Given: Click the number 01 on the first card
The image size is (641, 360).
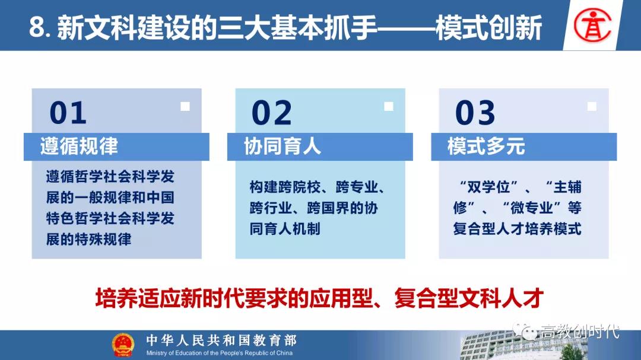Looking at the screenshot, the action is [x=68, y=113].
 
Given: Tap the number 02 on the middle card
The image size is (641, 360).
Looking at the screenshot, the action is [x=272, y=113].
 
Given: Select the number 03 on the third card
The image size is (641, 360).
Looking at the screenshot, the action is [x=475, y=113].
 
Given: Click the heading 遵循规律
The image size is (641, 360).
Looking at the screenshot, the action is [x=80, y=146].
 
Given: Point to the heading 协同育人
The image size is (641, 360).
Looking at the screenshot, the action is [x=283, y=146].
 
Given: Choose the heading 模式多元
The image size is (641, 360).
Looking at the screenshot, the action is [x=486, y=146].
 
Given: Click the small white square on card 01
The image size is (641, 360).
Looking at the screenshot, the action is [x=185, y=106].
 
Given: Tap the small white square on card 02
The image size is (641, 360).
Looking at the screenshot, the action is [x=389, y=106].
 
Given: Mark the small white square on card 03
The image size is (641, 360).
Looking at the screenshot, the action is [x=592, y=106].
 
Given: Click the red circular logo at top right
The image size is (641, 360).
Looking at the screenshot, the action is [x=592, y=25].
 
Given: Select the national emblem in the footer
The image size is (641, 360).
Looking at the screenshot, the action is [x=123, y=345].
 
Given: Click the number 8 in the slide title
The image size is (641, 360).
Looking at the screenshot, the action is [x=36, y=28].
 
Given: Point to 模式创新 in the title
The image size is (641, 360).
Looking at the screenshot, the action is [x=489, y=28].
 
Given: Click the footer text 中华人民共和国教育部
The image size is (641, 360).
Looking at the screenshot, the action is [x=221, y=340].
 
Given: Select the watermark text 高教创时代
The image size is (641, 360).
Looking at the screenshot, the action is [x=580, y=331].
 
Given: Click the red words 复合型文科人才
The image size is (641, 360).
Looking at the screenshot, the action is [x=469, y=298].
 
